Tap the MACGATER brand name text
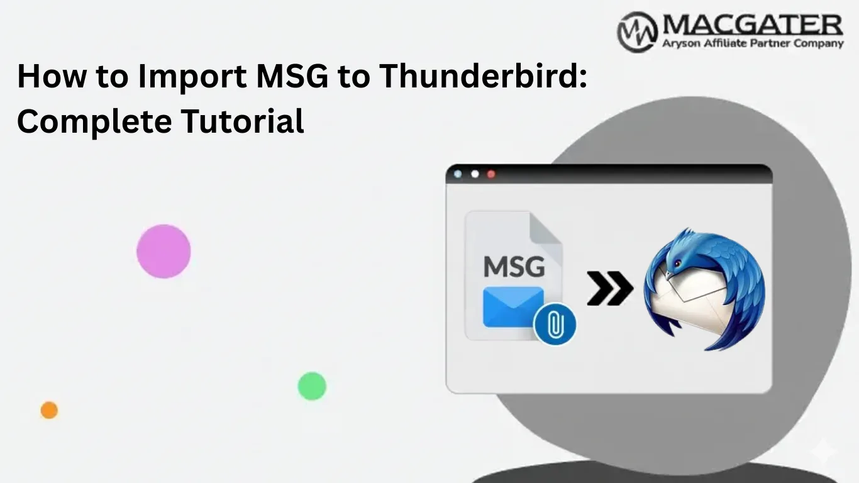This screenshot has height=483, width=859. pyautogui.click(x=752, y=26)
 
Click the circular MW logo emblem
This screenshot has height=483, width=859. pyautogui.click(x=637, y=31)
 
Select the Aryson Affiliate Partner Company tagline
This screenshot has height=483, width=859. pyautogui.click(x=752, y=43)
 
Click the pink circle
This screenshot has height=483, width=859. pyautogui.click(x=163, y=251)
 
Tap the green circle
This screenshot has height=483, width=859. pyautogui.click(x=312, y=386)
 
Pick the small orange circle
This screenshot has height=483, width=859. pyautogui.click(x=49, y=410)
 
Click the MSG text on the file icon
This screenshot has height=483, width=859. pyautogui.click(x=514, y=266)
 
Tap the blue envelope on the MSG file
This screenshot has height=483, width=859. pyautogui.click(x=513, y=306)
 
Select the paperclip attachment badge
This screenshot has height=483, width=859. pyautogui.click(x=554, y=323)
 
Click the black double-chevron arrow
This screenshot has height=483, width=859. pyautogui.click(x=609, y=289)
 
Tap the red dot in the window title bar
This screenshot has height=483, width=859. pyautogui.click(x=491, y=174)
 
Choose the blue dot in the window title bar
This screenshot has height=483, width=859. pyautogui.click(x=458, y=174)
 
